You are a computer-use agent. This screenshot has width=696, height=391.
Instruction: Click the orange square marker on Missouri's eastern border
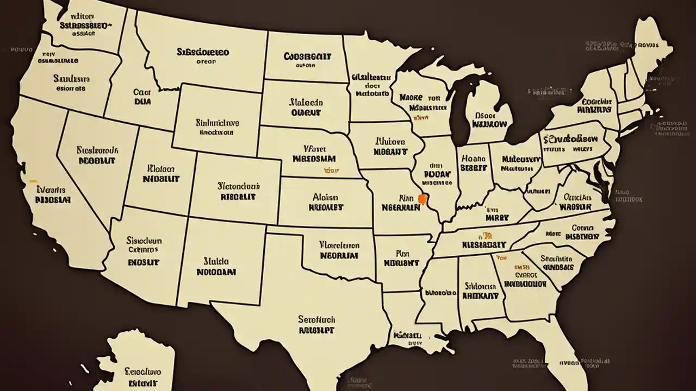click(421, 199)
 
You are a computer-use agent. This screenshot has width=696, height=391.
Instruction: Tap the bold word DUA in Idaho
click(142, 101)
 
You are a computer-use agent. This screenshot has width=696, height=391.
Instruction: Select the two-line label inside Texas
click(316, 324)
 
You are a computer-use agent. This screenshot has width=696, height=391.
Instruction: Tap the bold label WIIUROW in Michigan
click(489, 124)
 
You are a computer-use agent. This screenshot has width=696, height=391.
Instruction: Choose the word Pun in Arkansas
click(402, 253)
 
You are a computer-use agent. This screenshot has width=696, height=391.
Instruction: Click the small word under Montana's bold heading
click(206, 62)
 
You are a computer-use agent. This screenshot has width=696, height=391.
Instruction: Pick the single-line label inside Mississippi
click(441, 292)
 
